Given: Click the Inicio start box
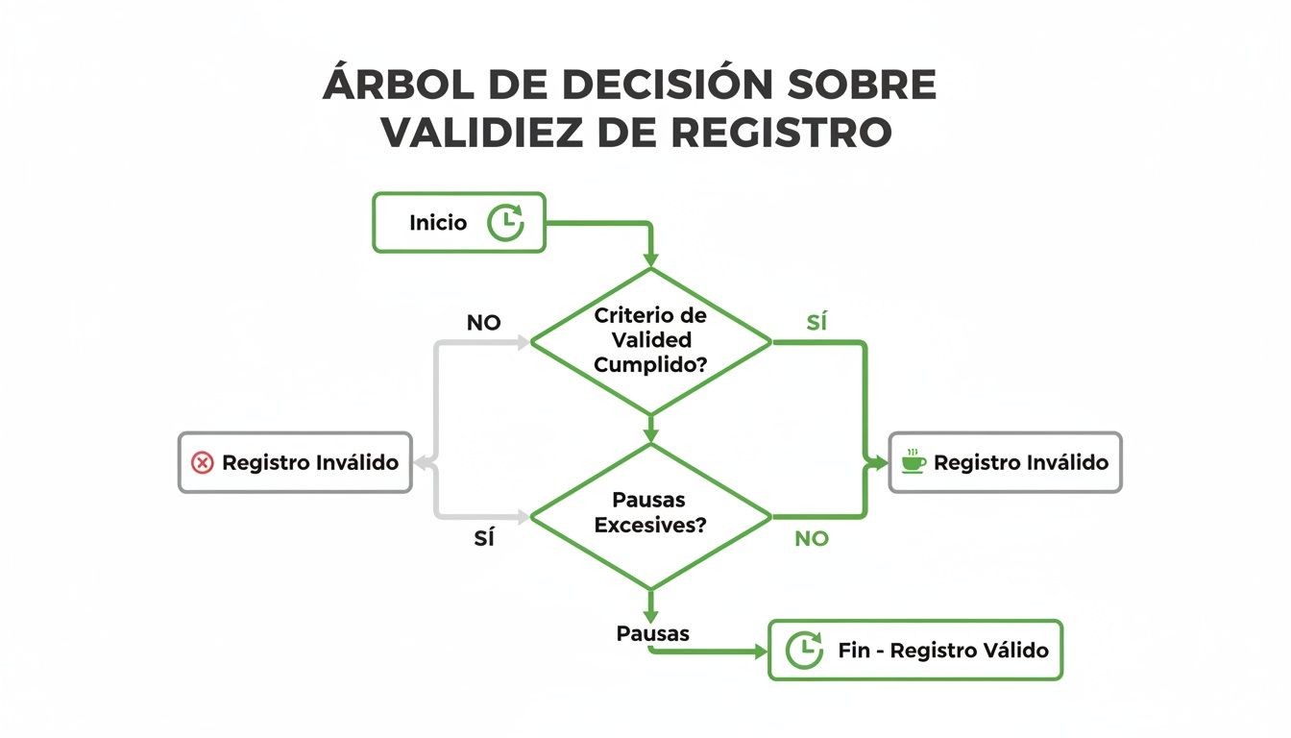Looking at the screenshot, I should click(x=458, y=223).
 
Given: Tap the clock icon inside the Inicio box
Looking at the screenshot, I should click(x=505, y=223).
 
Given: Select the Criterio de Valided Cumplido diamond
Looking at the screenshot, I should click(x=650, y=340).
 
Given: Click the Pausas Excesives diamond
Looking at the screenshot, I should click(x=650, y=514).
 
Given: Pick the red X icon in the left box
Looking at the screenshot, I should click(x=203, y=463).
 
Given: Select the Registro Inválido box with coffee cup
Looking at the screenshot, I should click(x=1005, y=463).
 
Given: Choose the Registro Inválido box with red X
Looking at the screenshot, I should click(x=295, y=463).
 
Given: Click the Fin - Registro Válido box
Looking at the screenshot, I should click(x=915, y=651).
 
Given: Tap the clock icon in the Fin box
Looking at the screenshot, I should click(x=804, y=651).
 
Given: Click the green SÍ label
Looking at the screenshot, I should click(x=816, y=323).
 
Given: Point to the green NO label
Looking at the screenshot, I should click(x=811, y=539).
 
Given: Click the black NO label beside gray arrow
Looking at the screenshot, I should click(x=483, y=323).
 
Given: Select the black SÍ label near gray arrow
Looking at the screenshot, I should click(x=484, y=539).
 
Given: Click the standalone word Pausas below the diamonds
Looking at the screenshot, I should click(x=652, y=634).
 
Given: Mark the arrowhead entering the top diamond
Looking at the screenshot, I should click(x=650, y=260).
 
